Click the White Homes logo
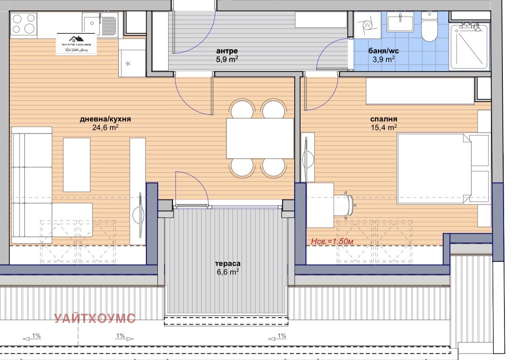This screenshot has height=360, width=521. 76,44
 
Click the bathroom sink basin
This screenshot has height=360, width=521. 400,21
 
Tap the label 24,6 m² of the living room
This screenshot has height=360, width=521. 105,128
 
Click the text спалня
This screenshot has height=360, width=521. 384,119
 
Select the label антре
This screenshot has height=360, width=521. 227,51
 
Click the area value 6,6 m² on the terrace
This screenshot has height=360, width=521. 227,272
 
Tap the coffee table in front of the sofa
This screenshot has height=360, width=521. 76,165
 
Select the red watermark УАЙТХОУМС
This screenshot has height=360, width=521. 95,318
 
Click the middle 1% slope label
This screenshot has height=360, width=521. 120,336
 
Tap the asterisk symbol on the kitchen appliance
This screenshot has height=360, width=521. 128,64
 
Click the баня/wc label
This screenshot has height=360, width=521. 383,51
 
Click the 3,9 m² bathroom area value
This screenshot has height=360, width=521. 384,59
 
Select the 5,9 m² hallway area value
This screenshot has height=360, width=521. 227,59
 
